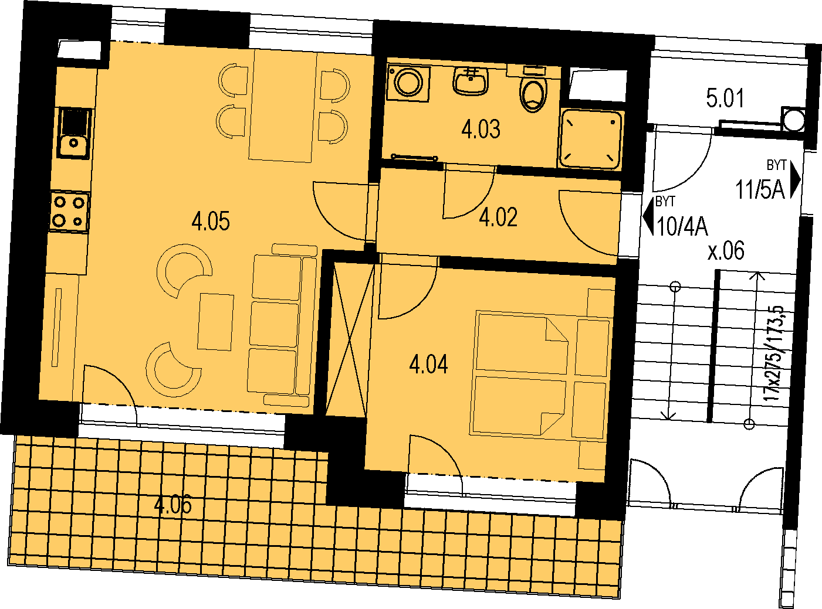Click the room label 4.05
(211, 222)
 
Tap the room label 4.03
(481, 129)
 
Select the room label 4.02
(498, 217)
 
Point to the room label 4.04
(428, 363)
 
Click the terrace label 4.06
(172, 504)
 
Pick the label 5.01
(725, 98)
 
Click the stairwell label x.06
(726, 251)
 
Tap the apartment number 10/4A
(682, 226)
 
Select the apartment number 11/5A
(760, 190)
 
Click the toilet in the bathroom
(533, 90)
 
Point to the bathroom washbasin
(471, 81)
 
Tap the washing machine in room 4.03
(408, 83)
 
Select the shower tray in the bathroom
(591, 139)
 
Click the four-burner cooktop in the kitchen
(69, 212)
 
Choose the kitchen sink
(74, 132)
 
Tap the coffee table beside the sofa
(215, 322)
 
